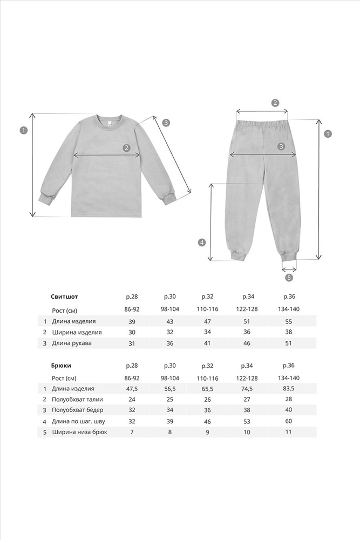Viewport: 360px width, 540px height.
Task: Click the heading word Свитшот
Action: (64, 296)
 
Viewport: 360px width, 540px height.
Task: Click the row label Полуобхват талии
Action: (77, 400)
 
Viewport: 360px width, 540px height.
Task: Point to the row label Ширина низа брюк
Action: (79, 432)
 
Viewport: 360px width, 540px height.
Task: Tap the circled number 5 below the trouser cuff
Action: (289, 278)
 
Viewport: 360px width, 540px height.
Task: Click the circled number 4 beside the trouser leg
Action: (202, 242)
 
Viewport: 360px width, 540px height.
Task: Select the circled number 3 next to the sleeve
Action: (166, 123)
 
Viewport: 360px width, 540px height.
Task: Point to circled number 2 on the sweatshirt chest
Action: (126, 147)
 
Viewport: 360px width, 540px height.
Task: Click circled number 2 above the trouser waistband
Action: (275, 103)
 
